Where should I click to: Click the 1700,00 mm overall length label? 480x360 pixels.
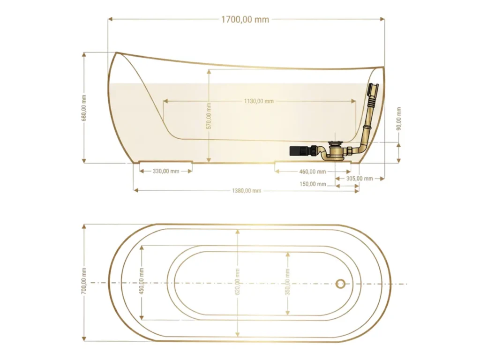(x=245, y=20)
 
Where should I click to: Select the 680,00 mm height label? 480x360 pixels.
(x=84, y=108)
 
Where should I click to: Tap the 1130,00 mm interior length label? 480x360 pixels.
(x=259, y=101)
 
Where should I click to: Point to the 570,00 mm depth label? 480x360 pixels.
(x=209, y=116)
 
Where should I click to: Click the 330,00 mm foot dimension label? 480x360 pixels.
(x=166, y=171)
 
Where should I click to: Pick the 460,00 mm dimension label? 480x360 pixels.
(x=313, y=172)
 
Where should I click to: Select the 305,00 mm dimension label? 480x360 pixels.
(x=360, y=179)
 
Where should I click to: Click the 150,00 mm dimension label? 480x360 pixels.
(x=313, y=184)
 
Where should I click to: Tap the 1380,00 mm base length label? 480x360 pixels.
(x=247, y=191)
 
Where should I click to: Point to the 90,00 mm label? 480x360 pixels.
(x=398, y=119)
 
